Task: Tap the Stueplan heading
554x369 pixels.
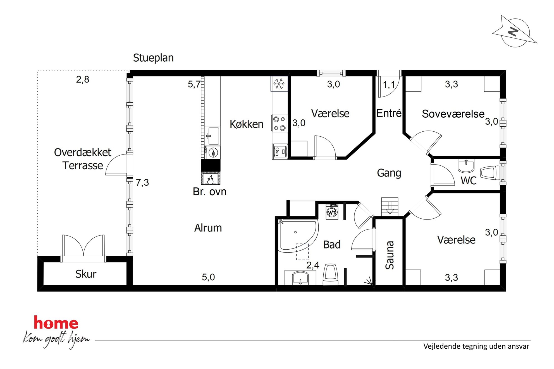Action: (x=153, y=58)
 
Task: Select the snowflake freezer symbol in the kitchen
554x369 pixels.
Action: (x=279, y=84)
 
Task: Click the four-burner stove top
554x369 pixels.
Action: (x=280, y=123)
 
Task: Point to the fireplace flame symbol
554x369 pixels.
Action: (x=211, y=179)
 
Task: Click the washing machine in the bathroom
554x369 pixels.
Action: (x=332, y=212)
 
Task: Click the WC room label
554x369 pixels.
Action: (x=469, y=181)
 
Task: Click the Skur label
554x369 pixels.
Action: (x=86, y=274)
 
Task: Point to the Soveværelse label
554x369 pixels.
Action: (x=453, y=114)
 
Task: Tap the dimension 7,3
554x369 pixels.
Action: (x=142, y=183)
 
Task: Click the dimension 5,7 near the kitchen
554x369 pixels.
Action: (x=194, y=84)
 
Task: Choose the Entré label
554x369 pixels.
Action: (x=389, y=113)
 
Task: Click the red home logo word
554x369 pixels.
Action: (x=56, y=323)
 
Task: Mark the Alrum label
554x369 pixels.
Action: (x=208, y=228)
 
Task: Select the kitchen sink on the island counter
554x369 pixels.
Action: (x=212, y=136)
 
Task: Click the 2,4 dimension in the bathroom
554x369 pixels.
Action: (x=313, y=265)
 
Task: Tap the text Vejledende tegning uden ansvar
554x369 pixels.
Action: (x=476, y=346)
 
